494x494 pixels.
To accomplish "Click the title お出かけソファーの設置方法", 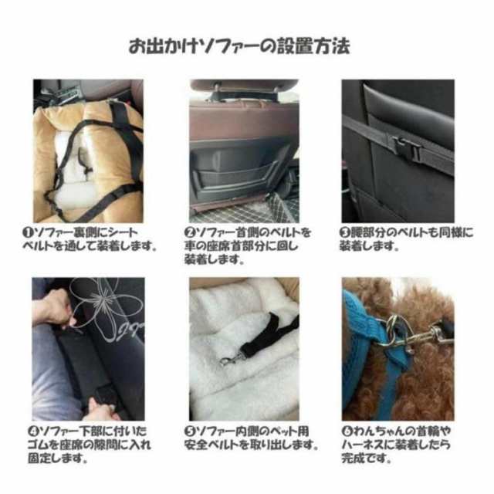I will pyautogui.click(x=239, y=45).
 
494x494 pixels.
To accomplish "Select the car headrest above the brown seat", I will pyautogui.click(x=243, y=86).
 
